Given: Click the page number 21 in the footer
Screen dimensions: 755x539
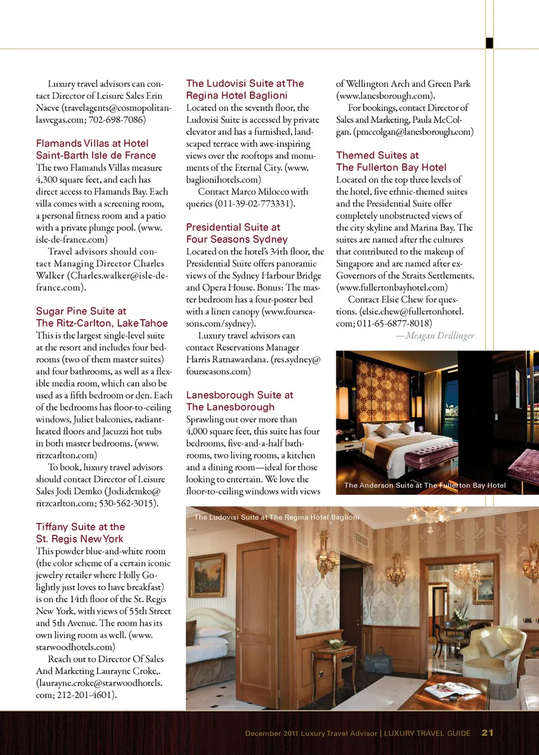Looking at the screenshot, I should click(x=487, y=733).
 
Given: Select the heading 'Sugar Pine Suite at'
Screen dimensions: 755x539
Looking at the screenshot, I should click(x=81, y=311).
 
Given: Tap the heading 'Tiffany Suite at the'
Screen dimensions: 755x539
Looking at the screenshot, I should click(x=80, y=527).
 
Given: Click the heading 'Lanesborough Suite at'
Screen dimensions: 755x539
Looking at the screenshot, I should click(x=240, y=395).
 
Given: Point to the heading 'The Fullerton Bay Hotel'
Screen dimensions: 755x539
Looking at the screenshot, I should click(x=391, y=167).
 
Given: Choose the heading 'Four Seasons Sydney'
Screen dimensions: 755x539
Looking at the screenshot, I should click(x=237, y=239).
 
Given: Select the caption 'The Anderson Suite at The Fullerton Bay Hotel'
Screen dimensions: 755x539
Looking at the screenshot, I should click(x=425, y=485).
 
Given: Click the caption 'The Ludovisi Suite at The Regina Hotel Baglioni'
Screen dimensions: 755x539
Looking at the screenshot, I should click(x=277, y=517).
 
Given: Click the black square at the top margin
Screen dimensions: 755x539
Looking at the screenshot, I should click(x=490, y=43).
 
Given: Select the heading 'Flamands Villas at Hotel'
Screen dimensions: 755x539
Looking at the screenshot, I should click(x=92, y=144).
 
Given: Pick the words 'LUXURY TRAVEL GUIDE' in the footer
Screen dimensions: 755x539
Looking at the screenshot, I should click(x=427, y=733).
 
